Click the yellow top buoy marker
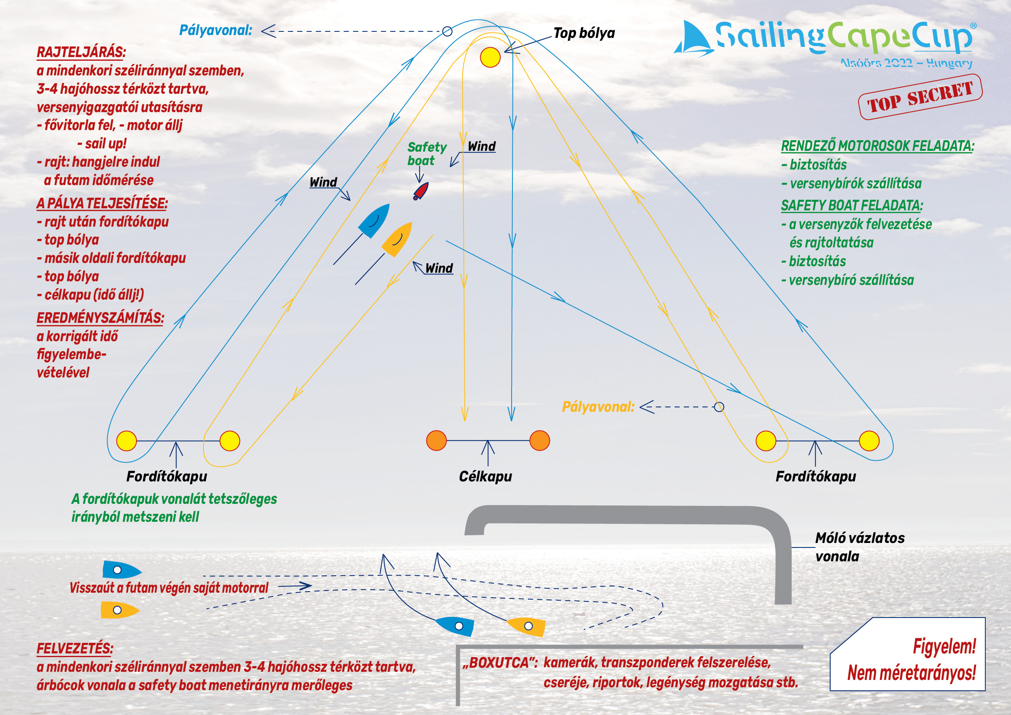click(x=490, y=57)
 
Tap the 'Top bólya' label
click(x=584, y=33)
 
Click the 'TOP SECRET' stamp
click(x=920, y=97)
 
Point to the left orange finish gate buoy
click(x=436, y=440)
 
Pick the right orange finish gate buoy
click(x=540, y=440)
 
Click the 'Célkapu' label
click(x=485, y=477)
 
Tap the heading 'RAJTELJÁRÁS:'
click(x=81, y=52)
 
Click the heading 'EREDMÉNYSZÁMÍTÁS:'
click(x=100, y=318)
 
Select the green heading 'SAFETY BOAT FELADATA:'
click(x=852, y=205)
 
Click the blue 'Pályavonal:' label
click(x=216, y=31)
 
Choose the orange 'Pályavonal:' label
click(x=598, y=407)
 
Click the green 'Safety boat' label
click(x=426, y=154)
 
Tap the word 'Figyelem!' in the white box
click(x=944, y=647)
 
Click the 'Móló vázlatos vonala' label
click(x=859, y=547)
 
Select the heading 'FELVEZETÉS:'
click(x=75, y=649)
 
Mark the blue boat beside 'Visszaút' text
click(x=121, y=570)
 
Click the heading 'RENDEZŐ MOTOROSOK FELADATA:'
click(x=878, y=146)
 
